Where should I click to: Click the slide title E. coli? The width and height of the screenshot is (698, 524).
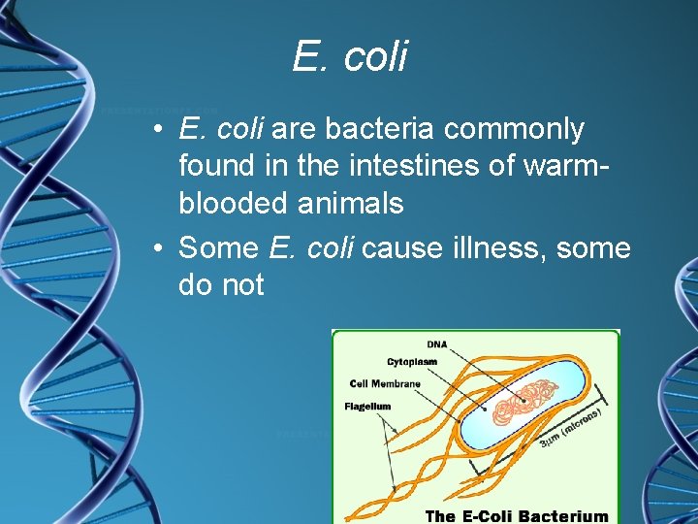click(350, 57)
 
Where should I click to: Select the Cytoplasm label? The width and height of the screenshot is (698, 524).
click(412, 362)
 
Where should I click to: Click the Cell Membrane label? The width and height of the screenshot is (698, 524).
click(385, 384)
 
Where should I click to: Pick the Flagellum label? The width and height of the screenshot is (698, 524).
click(367, 407)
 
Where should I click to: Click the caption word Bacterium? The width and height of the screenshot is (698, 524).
click(561, 516)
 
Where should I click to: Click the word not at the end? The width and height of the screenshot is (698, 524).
click(241, 285)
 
